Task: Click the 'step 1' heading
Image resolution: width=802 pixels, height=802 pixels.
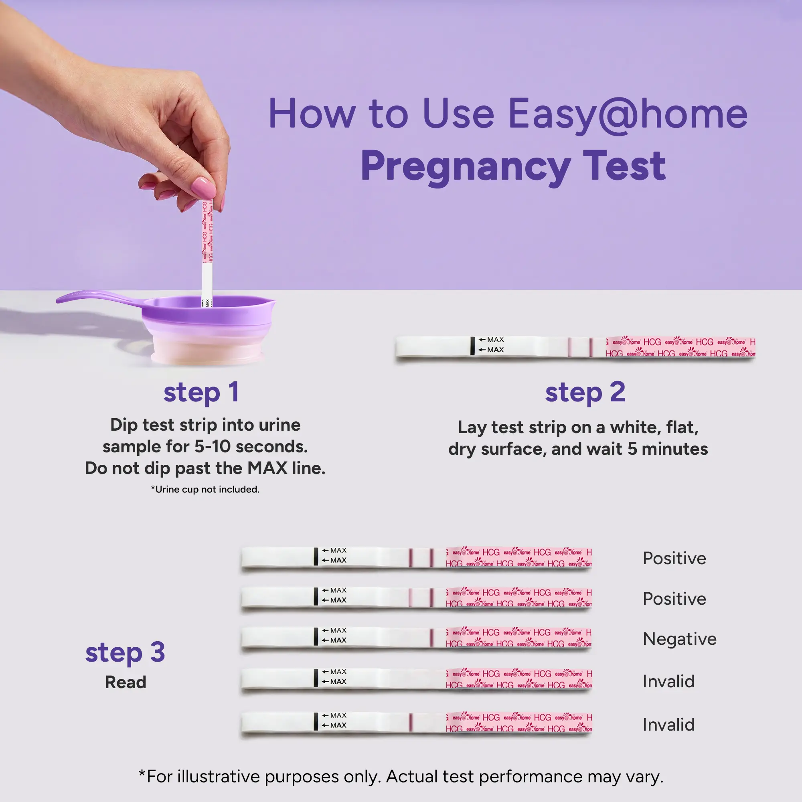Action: pos(201,392)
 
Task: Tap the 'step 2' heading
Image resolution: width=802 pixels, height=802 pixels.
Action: pos(585,392)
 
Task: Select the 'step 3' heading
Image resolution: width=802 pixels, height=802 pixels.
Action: pos(126,652)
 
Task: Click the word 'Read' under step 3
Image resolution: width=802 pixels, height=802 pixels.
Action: pos(126,682)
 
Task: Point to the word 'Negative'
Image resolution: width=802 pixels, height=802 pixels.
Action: pos(680,639)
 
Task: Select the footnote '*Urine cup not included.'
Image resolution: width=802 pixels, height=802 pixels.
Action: pos(205,489)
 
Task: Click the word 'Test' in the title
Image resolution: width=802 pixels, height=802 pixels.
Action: pos(624,166)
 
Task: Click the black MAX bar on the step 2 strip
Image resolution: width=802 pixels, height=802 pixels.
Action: pos(472,346)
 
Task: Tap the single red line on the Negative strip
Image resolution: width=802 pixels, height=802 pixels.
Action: pos(432,638)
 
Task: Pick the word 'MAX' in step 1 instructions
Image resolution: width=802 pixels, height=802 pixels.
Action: pos(267,468)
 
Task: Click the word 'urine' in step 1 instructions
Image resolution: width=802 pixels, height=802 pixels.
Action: pos(279,425)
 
